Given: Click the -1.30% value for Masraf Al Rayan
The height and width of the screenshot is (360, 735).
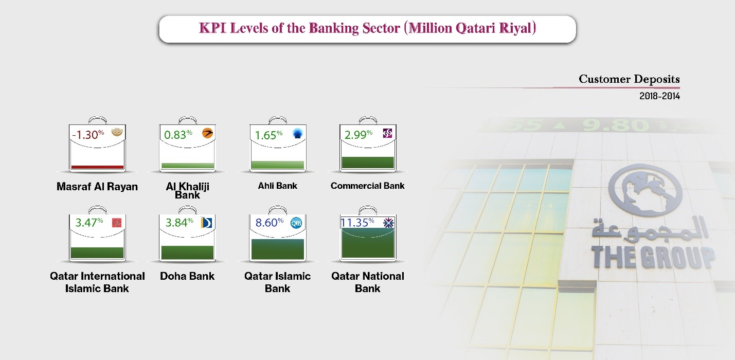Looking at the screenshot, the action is [88, 135].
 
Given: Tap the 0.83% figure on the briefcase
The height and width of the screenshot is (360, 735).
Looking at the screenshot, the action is [178, 135].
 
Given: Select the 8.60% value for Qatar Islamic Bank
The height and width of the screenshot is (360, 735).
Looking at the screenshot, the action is [270, 223].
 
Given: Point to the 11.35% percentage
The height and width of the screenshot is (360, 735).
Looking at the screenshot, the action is [357, 222].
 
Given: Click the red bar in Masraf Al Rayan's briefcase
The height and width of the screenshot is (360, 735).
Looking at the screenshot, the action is [97, 167].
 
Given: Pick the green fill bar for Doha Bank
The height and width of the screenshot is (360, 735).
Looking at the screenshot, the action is [187, 253].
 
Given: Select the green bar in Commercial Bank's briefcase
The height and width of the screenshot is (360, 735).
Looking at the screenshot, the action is [368, 163].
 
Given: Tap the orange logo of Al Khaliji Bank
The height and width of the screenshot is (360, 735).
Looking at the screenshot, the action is [207, 133].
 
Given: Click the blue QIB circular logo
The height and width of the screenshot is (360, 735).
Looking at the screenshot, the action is [296, 223].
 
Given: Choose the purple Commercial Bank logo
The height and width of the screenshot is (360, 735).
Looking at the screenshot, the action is [387, 133].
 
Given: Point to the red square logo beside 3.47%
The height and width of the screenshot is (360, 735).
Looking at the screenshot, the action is [117, 223].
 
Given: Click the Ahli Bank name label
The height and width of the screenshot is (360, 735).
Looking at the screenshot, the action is [278, 186].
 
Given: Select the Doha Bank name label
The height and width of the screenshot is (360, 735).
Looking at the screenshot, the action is [187, 276].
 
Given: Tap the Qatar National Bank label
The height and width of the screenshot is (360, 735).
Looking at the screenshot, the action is [367, 282].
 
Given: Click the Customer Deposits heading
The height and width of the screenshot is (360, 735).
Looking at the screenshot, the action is [629, 79].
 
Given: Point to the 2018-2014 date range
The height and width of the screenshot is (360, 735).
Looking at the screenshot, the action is [659, 96].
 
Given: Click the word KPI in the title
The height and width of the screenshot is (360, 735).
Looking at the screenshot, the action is [212, 28].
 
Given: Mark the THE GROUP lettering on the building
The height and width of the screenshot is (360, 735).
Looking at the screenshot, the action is [653, 257].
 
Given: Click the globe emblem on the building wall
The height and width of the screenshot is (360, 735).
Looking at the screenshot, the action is [646, 190].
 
